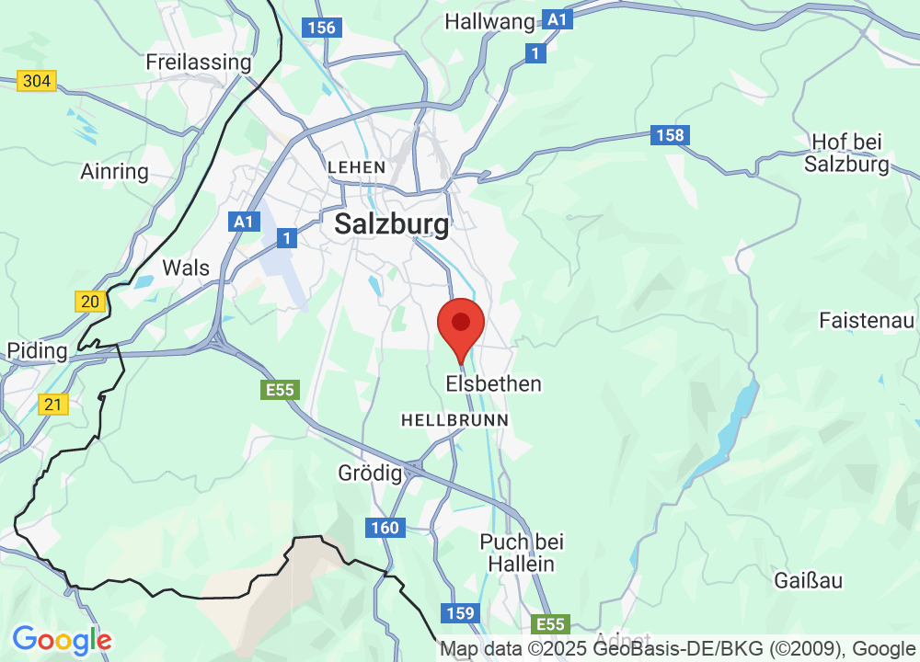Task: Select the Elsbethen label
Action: pos(494,383)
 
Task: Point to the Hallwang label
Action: pos(489,21)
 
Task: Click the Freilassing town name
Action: pos(199,63)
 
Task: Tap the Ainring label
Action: pos(114,172)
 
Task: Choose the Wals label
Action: pos(186,268)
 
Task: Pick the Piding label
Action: pos(37,350)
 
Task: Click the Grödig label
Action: pos(371,474)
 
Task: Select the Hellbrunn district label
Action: pos(454,419)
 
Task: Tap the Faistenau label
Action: pos(868,321)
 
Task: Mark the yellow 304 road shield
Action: pos(37,81)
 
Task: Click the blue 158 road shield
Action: pos(671,136)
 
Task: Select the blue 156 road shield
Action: pos(322,28)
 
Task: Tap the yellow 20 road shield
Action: pos(89,302)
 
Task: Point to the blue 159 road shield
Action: pos(459,613)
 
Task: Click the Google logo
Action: pos(62,640)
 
